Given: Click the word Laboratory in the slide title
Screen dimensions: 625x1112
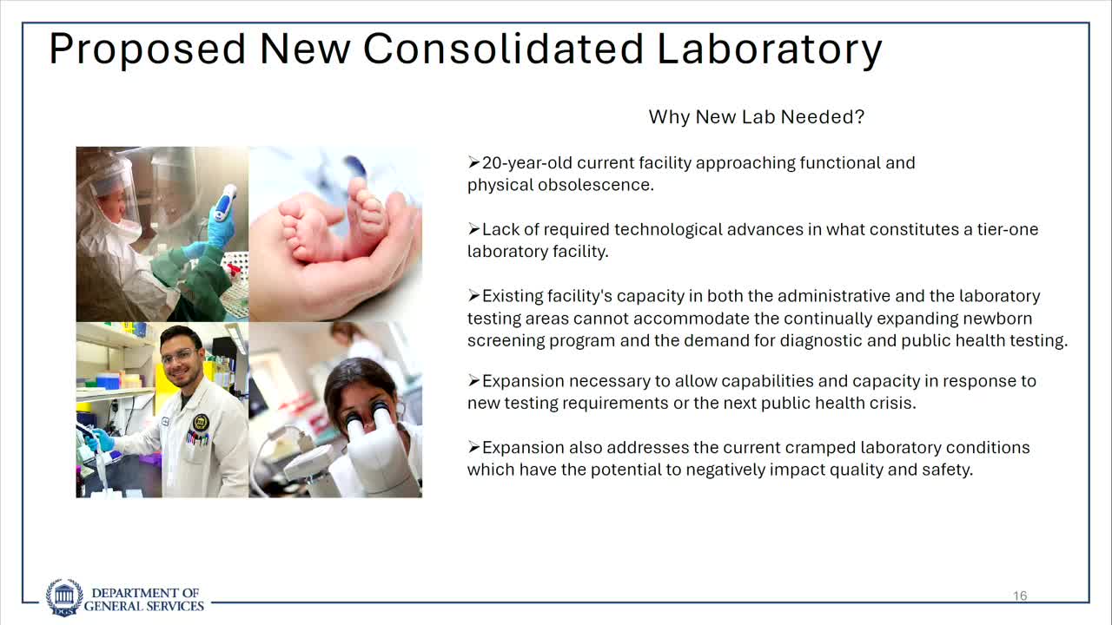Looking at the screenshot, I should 769,49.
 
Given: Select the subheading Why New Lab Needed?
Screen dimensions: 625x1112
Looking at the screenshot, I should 756,116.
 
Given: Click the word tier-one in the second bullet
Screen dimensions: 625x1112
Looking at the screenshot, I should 1003,229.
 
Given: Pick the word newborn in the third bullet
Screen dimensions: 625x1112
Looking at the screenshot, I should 998,319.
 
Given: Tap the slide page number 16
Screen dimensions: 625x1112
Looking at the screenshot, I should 1020,595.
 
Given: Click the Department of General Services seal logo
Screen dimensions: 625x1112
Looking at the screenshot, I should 64,598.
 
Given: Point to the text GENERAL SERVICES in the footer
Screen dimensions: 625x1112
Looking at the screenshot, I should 144,606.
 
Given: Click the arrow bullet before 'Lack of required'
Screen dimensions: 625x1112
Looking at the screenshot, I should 473,229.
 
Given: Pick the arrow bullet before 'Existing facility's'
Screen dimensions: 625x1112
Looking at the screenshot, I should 473,296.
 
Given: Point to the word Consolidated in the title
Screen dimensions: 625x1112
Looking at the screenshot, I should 503,49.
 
